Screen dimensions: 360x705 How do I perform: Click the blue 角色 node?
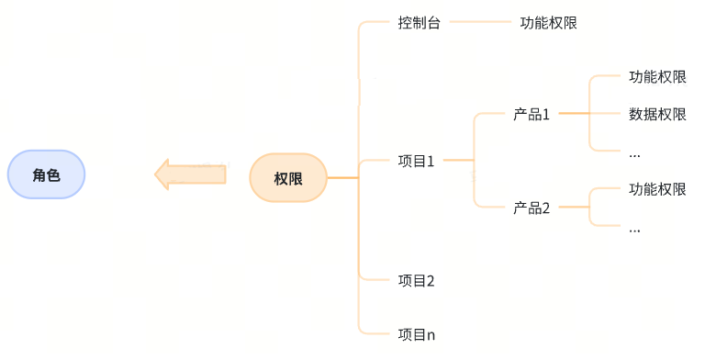pyautogui.click(x=46, y=174)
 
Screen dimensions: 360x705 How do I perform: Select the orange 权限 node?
pyautogui.click(x=288, y=177)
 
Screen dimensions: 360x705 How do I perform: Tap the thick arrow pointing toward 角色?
pyautogui.click(x=190, y=174)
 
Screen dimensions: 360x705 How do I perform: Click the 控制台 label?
pyautogui.click(x=420, y=23)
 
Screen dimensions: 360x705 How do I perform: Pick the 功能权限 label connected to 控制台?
pyautogui.click(x=548, y=23)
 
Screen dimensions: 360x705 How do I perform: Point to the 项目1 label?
pyautogui.click(x=416, y=162)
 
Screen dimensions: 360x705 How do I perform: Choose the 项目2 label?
pyautogui.click(x=416, y=280)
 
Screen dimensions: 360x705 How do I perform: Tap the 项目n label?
pyautogui.click(x=416, y=334)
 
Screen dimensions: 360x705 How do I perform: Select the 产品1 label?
pyautogui.click(x=531, y=115)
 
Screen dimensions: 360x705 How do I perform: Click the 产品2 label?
pyautogui.click(x=531, y=208)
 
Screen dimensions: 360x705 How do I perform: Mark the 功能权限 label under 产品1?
pyautogui.click(x=657, y=77)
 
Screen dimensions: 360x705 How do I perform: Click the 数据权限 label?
pyautogui.click(x=657, y=115)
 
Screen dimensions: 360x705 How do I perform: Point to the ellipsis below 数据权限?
pyautogui.click(x=634, y=151)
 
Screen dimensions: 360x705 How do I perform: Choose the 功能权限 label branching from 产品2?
pyautogui.click(x=657, y=190)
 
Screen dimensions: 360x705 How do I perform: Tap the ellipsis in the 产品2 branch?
pyautogui.click(x=634, y=228)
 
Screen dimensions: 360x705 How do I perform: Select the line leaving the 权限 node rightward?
pyautogui.click(x=341, y=177)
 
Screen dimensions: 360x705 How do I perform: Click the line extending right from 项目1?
pyautogui.click(x=456, y=162)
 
